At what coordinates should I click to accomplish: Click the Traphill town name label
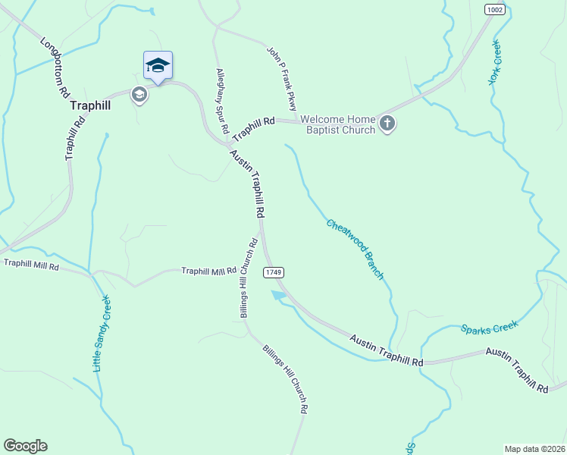tap(90, 106)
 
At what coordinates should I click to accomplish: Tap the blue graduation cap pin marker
tap(158, 65)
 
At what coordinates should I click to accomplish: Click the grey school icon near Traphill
tap(139, 95)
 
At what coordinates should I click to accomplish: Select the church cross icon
tap(387, 124)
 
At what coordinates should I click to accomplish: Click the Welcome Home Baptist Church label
tap(337, 124)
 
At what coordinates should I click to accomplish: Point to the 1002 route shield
tap(494, 10)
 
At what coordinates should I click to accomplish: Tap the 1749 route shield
tap(274, 271)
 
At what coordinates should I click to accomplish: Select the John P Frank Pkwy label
tap(281, 77)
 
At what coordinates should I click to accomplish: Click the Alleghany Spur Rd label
tap(222, 101)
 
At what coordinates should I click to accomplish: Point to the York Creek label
tap(497, 61)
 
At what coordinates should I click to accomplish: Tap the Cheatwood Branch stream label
tap(355, 249)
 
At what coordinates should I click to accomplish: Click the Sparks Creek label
tap(489, 327)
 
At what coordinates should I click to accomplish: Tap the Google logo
tap(25, 446)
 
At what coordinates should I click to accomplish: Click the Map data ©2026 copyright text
tap(534, 449)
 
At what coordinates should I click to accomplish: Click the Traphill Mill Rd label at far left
tap(31, 264)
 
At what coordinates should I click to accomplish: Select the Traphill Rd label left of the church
tap(253, 127)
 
